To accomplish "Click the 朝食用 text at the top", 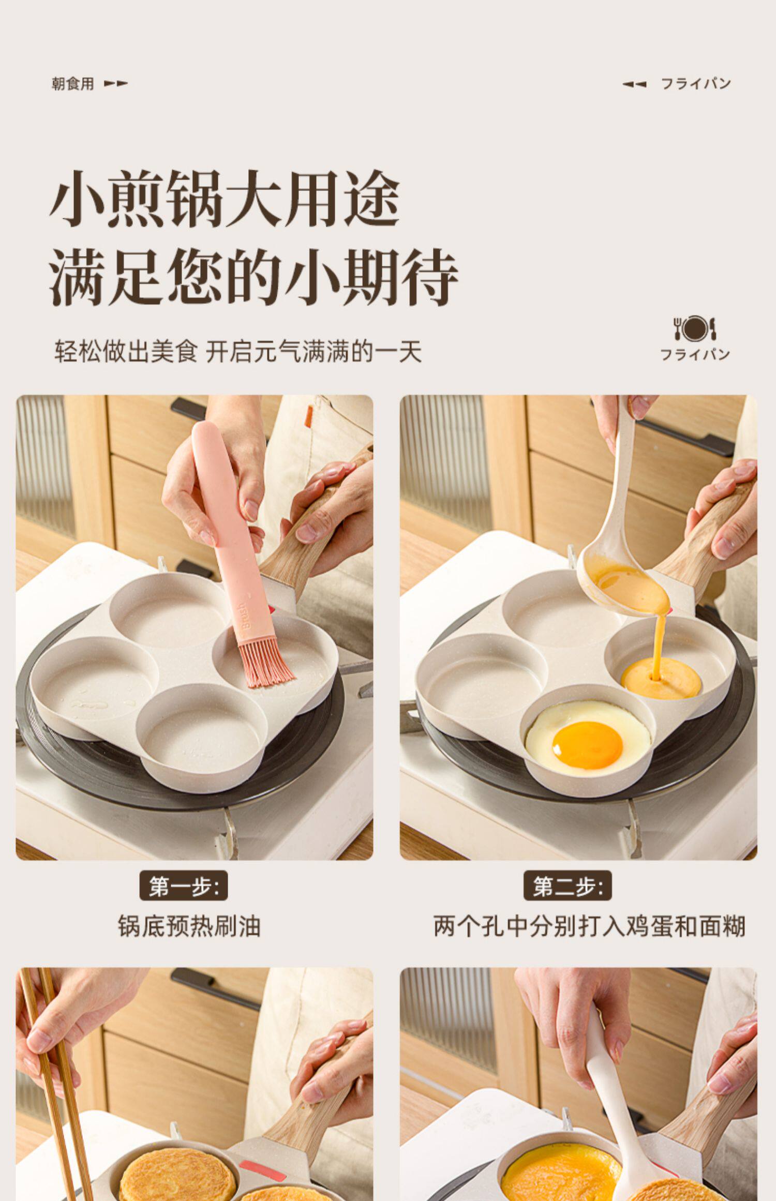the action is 73,84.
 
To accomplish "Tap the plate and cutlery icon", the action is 695,328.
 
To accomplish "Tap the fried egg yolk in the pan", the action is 587,745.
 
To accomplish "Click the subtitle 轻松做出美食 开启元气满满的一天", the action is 238,352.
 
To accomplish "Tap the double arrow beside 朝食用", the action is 116,83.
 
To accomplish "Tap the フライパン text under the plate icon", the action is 695,355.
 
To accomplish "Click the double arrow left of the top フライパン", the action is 634,84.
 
